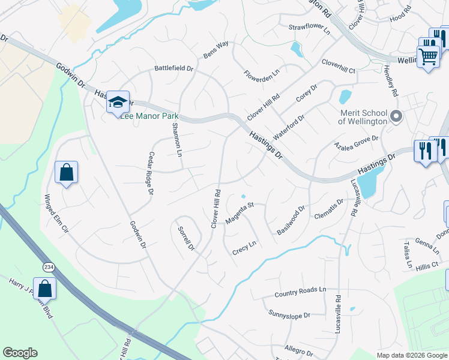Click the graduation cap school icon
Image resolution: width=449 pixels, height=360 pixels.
click(118, 102)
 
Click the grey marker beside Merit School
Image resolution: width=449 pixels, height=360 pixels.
click(396, 116)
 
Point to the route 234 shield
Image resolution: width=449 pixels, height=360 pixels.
click(48, 266)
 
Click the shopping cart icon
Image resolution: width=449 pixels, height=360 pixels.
click(427, 57)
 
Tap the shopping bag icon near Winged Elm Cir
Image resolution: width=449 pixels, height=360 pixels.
click(66, 172)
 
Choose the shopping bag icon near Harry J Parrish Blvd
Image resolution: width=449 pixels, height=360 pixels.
click(44, 289)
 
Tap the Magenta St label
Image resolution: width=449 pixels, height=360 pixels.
click(240, 213)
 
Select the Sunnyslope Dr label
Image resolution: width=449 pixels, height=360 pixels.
click(289, 314)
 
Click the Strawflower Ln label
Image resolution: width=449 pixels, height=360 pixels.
click(309, 28)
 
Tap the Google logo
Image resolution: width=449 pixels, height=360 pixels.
click(20, 353)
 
